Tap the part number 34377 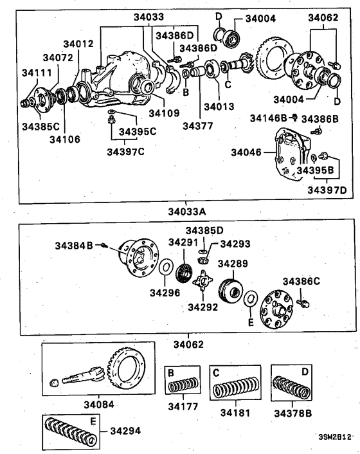click(x=197, y=127)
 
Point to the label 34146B click(x=269, y=118)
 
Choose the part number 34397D click(x=327, y=190)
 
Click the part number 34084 click(x=98, y=404)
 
